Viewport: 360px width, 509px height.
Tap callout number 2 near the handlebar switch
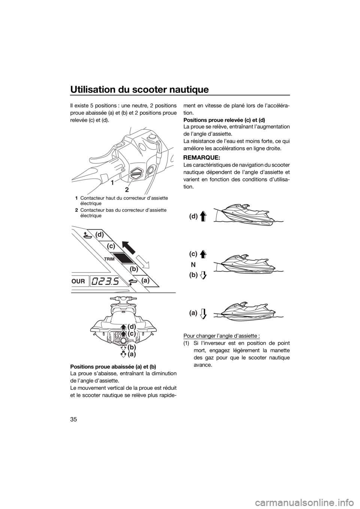(127, 189)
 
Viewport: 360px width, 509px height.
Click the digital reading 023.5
(105, 281)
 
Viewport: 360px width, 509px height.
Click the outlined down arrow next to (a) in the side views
(204, 314)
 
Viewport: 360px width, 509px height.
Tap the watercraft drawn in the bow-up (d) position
(248, 216)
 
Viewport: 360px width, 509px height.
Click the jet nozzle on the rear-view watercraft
(124, 340)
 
